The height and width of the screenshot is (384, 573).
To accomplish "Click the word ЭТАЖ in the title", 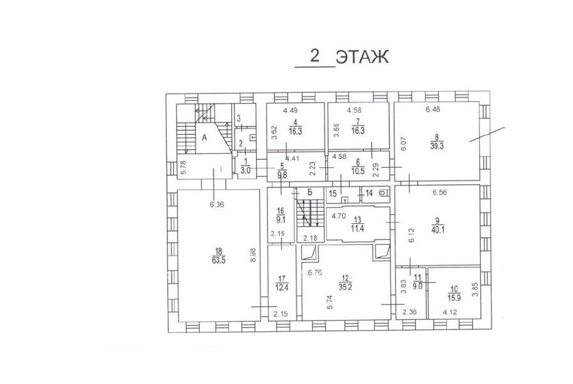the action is [x=362, y=57].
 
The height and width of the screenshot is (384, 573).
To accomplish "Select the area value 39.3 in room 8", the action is [x=437, y=146].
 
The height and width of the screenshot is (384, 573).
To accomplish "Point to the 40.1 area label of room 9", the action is [x=437, y=230].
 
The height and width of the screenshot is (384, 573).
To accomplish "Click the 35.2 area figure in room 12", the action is [x=345, y=287].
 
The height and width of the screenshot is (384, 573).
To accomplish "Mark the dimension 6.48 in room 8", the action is [x=433, y=109].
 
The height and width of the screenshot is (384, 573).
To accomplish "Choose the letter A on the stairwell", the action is [x=204, y=137].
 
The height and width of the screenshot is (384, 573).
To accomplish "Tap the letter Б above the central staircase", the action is [x=309, y=193].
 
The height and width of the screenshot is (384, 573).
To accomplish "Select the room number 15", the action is [x=332, y=193].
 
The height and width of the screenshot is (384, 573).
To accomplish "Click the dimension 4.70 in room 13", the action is [x=339, y=216].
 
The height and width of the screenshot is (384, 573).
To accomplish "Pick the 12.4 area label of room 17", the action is [x=282, y=287].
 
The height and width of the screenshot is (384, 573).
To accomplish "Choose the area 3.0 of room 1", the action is [x=246, y=170].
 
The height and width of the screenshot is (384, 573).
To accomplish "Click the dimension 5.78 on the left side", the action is [x=183, y=168].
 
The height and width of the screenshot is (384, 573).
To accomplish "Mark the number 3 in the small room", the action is [x=239, y=118].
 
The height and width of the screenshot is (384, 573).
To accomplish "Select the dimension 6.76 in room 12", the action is [x=315, y=272].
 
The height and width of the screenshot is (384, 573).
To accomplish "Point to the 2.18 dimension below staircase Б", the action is [x=310, y=238].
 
